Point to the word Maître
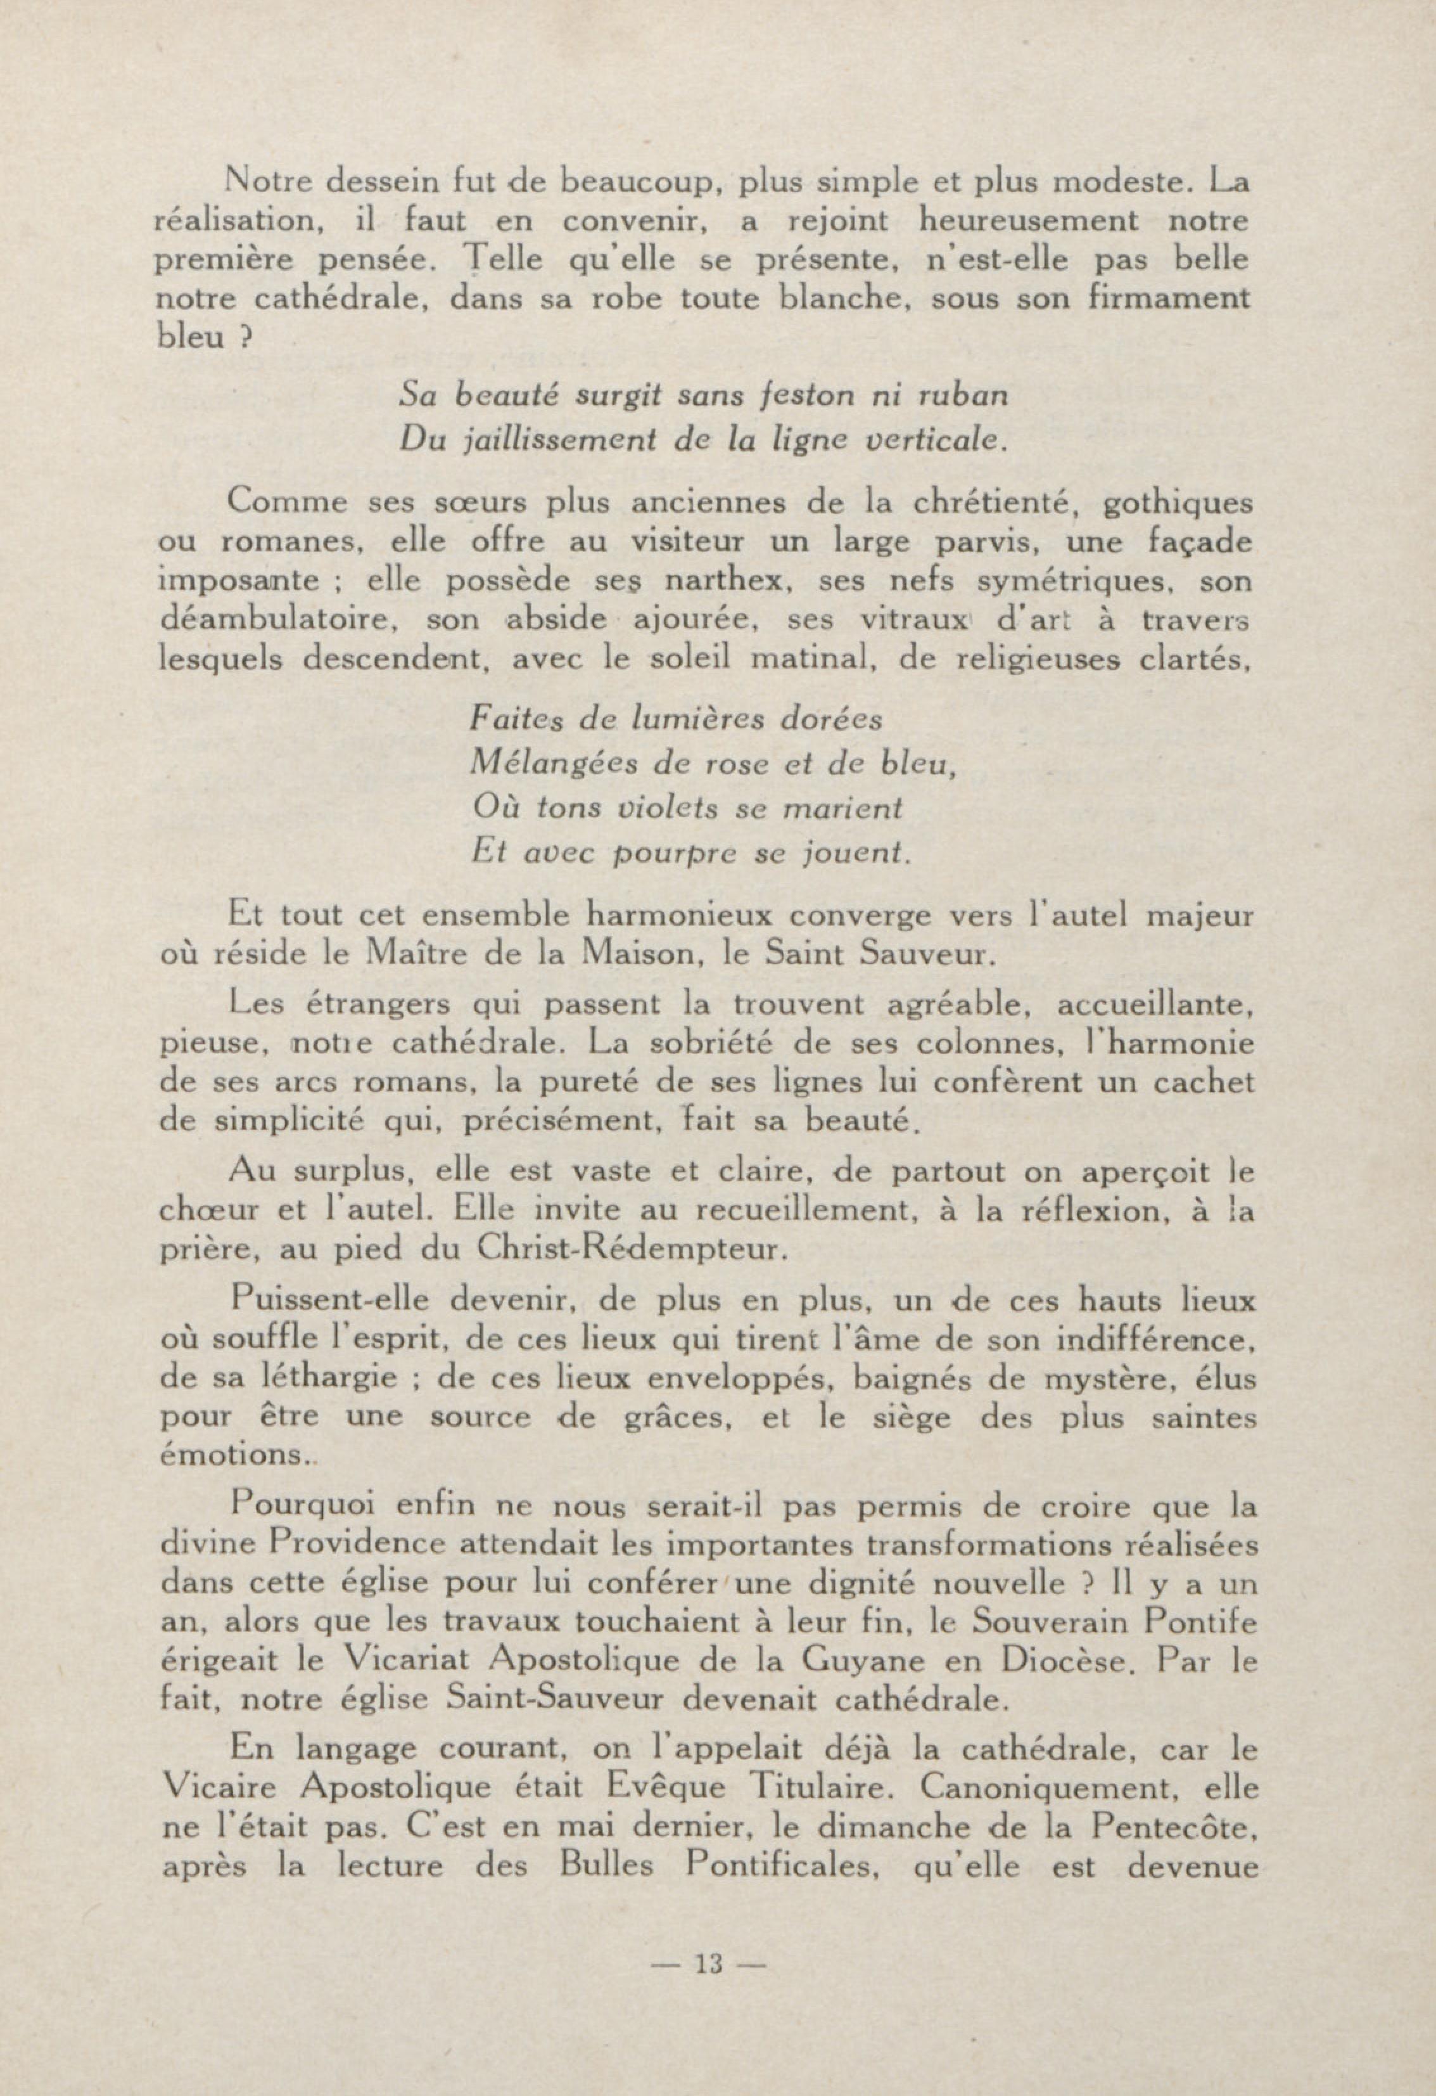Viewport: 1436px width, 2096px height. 417,955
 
